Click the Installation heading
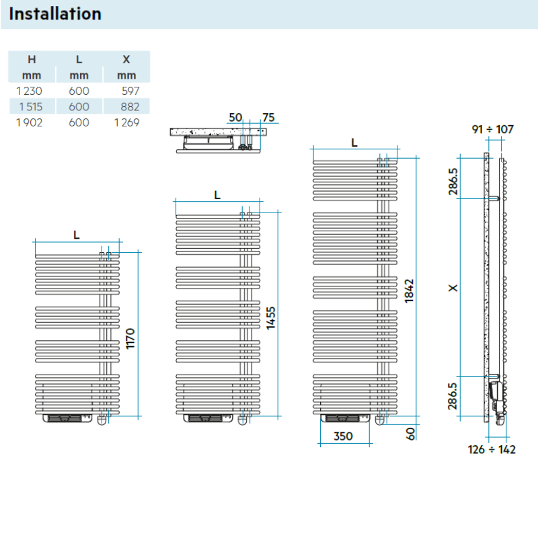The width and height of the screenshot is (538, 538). pos(55,14)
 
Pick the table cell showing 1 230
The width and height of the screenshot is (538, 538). pos(28,91)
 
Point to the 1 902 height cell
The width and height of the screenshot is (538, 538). pos(28,122)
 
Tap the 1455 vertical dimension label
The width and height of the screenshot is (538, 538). pos(270,315)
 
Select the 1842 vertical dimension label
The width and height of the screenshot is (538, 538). pos(409,291)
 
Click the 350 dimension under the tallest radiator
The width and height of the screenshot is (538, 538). pos(343,436)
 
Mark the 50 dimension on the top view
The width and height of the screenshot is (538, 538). pos(235,118)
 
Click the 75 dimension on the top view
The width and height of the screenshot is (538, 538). pos(268,118)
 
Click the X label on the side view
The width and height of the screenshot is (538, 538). pos(453,287)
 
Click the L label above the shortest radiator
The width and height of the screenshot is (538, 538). pos(77,235)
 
